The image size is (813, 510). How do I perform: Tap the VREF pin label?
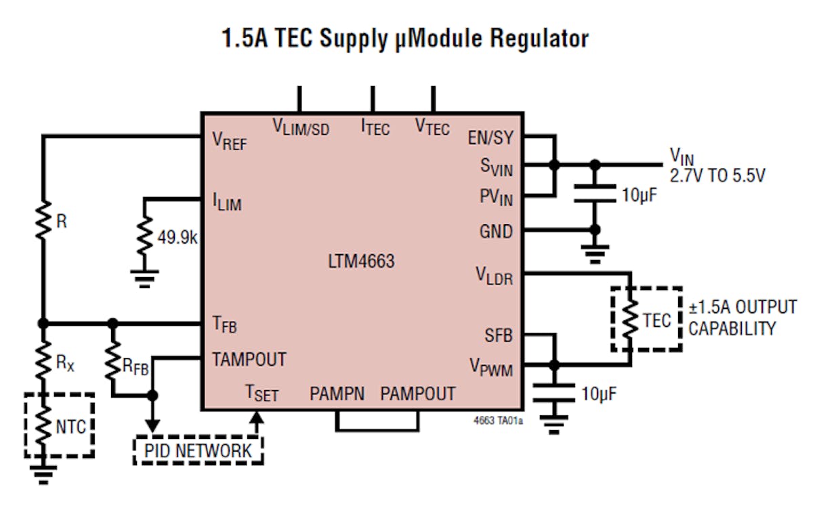[230, 142]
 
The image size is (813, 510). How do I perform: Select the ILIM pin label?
[227, 202]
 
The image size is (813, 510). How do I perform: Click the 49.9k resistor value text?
[178, 238]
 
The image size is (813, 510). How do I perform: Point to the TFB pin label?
[224, 325]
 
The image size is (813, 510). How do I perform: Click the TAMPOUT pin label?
[249, 358]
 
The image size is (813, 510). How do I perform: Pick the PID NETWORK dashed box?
[199, 450]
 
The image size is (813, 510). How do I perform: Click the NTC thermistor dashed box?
[59, 425]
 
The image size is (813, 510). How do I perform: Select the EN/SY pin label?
[490, 138]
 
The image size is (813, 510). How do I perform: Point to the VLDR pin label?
[493, 276]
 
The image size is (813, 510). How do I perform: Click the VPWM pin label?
[491, 368]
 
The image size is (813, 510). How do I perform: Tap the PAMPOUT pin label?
[417, 394]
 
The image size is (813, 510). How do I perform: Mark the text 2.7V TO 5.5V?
[717, 177]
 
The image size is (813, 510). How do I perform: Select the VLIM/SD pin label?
[301, 127]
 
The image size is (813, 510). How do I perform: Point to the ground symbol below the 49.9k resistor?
[144, 278]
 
